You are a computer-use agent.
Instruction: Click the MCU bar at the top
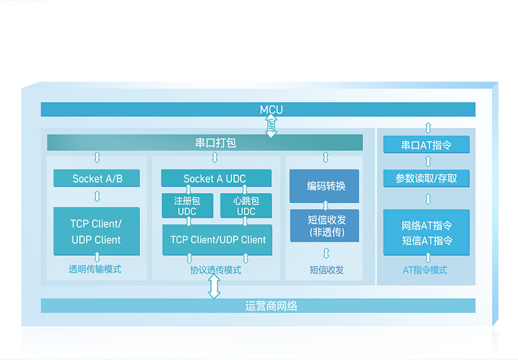pyautogui.click(x=258, y=109)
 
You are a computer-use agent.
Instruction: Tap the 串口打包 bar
pyautogui.click(x=205, y=142)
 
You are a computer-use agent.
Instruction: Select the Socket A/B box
pyautogui.click(x=97, y=179)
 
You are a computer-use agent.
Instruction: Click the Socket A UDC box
pyautogui.click(x=215, y=179)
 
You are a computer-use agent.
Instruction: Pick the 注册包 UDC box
pyautogui.click(x=187, y=206)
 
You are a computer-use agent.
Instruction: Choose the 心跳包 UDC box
pyautogui.click(x=246, y=206)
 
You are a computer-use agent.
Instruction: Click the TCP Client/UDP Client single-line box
pyautogui.click(x=218, y=240)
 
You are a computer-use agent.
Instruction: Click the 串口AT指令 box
pyautogui.click(x=426, y=145)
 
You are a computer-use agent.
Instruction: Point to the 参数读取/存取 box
pyautogui.click(x=426, y=179)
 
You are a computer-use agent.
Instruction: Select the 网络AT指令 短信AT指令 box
pyautogui.click(x=426, y=233)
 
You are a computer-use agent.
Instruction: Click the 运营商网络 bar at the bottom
pyautogui.click(x=258, y=306)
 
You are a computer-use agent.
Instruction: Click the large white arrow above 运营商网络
pyautogui.click(x=214, y=286)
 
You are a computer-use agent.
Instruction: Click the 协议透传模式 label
pyautogui.click(x=216, y=270)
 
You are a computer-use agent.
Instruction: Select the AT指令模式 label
pyautogui.click(x=425, y=270)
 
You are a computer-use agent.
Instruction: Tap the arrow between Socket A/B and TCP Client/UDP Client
pyautogui.click(x=97, y=197)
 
